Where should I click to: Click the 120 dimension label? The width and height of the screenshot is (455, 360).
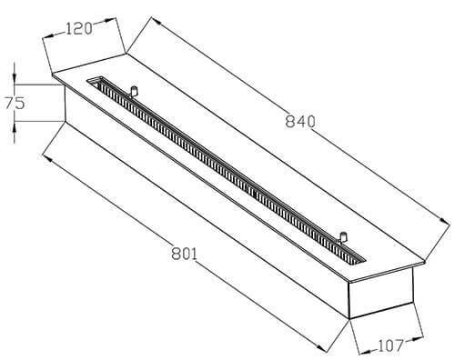pyautogui.click(x=78, y=29)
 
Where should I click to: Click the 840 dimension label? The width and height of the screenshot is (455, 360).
pyautogui.click(x=300, y=122)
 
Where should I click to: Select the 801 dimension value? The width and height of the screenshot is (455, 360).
pyautogui.click(x=184, y=254)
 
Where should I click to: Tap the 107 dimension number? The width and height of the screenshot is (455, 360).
pyautogui.click(x=390, y=345)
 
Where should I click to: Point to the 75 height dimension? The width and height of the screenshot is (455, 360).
pyautogui.click(x=15, y=103)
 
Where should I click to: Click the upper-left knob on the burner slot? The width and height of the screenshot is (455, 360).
pyautogui.click(x=134, y=91)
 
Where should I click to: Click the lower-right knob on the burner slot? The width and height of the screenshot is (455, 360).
pyautogui.click(x=343, y=237)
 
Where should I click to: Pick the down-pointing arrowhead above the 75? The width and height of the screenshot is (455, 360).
pyautogui.click(x=15, y=78)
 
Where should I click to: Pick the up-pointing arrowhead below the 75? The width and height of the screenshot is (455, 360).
pyautogui.click(x=15, y=127)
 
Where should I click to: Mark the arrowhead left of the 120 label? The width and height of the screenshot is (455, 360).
pyautogui.click(x=48, y=36)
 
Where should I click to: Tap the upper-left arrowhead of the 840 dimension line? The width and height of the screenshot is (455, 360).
pyautogui.click(x=156, y=21)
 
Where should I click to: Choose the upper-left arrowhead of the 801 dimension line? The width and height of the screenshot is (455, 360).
pyautogui.click(x=48, y=158)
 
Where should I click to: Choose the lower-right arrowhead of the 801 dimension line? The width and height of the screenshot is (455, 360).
pyautogui.click(x=321, y=347)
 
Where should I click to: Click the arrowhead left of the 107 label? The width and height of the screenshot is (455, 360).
pyautogui.click(x=365, y=352)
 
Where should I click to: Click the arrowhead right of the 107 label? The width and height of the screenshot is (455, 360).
pyautogui.click(x=417, y=338)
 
